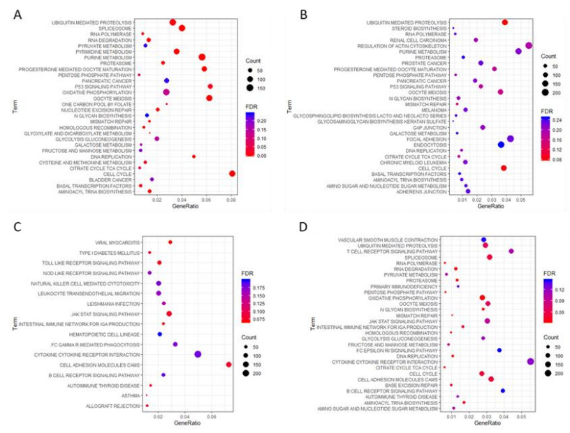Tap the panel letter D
pyautogui.click(x=302, y=228)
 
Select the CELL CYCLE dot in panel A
pyautogui.click(x=232, y=174)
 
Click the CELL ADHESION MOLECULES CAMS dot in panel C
pyautogui.click(x=228, y=365)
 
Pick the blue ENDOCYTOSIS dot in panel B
pyautogui.click(x=501, y=145)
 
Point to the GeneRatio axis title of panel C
pyautogui.click(x=185, y=425)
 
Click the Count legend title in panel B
pyautogui.click(x=548, y=56)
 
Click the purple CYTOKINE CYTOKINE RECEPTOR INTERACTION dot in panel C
pyautogui.click(x=198, y=354)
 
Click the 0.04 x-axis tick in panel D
pyautogui.click(x=503, y=418)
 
